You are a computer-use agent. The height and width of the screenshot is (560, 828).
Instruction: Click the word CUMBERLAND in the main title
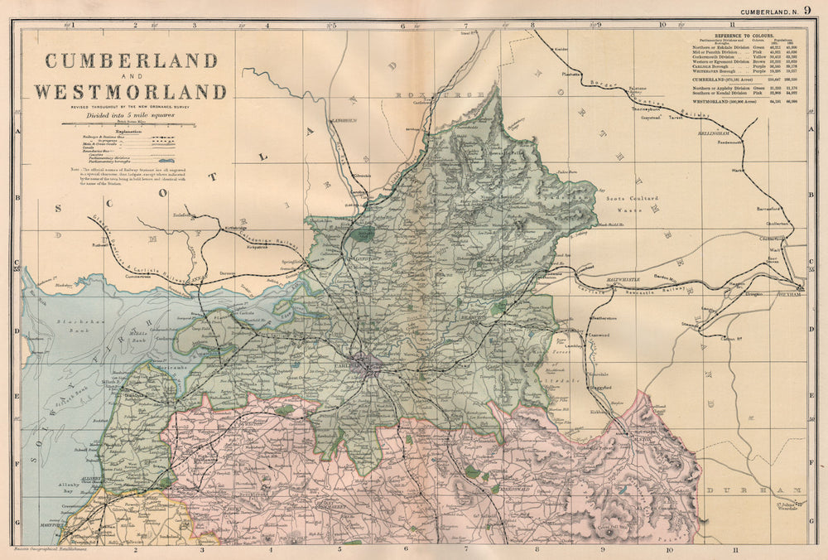click(131, 60)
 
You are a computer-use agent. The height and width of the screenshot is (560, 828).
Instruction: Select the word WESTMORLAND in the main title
click(130, 91)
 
